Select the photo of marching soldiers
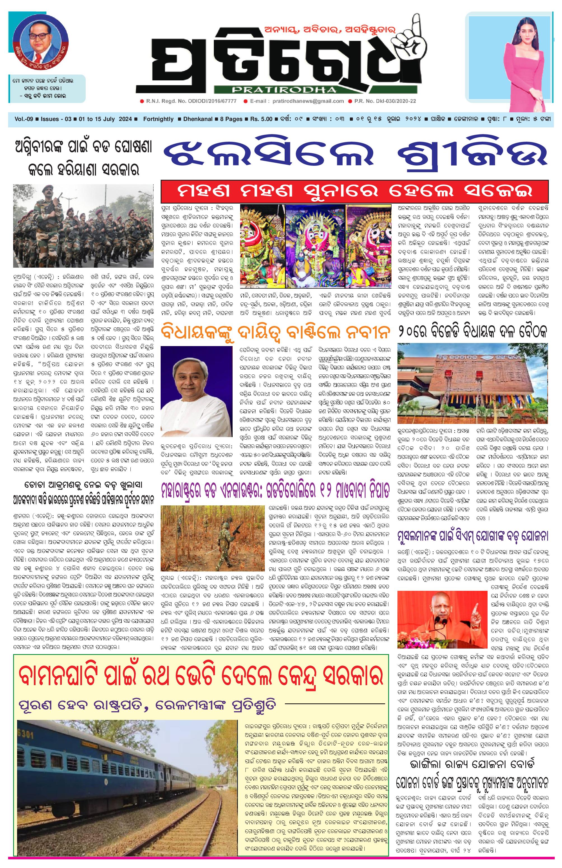pos(83,226)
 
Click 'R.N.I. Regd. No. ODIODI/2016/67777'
pos(190,101)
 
